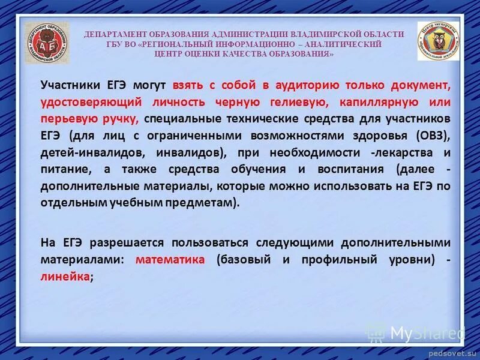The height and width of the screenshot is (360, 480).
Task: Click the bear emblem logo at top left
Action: [x=47, y=43]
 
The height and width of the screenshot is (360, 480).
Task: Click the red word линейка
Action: [x=65, y=277]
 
